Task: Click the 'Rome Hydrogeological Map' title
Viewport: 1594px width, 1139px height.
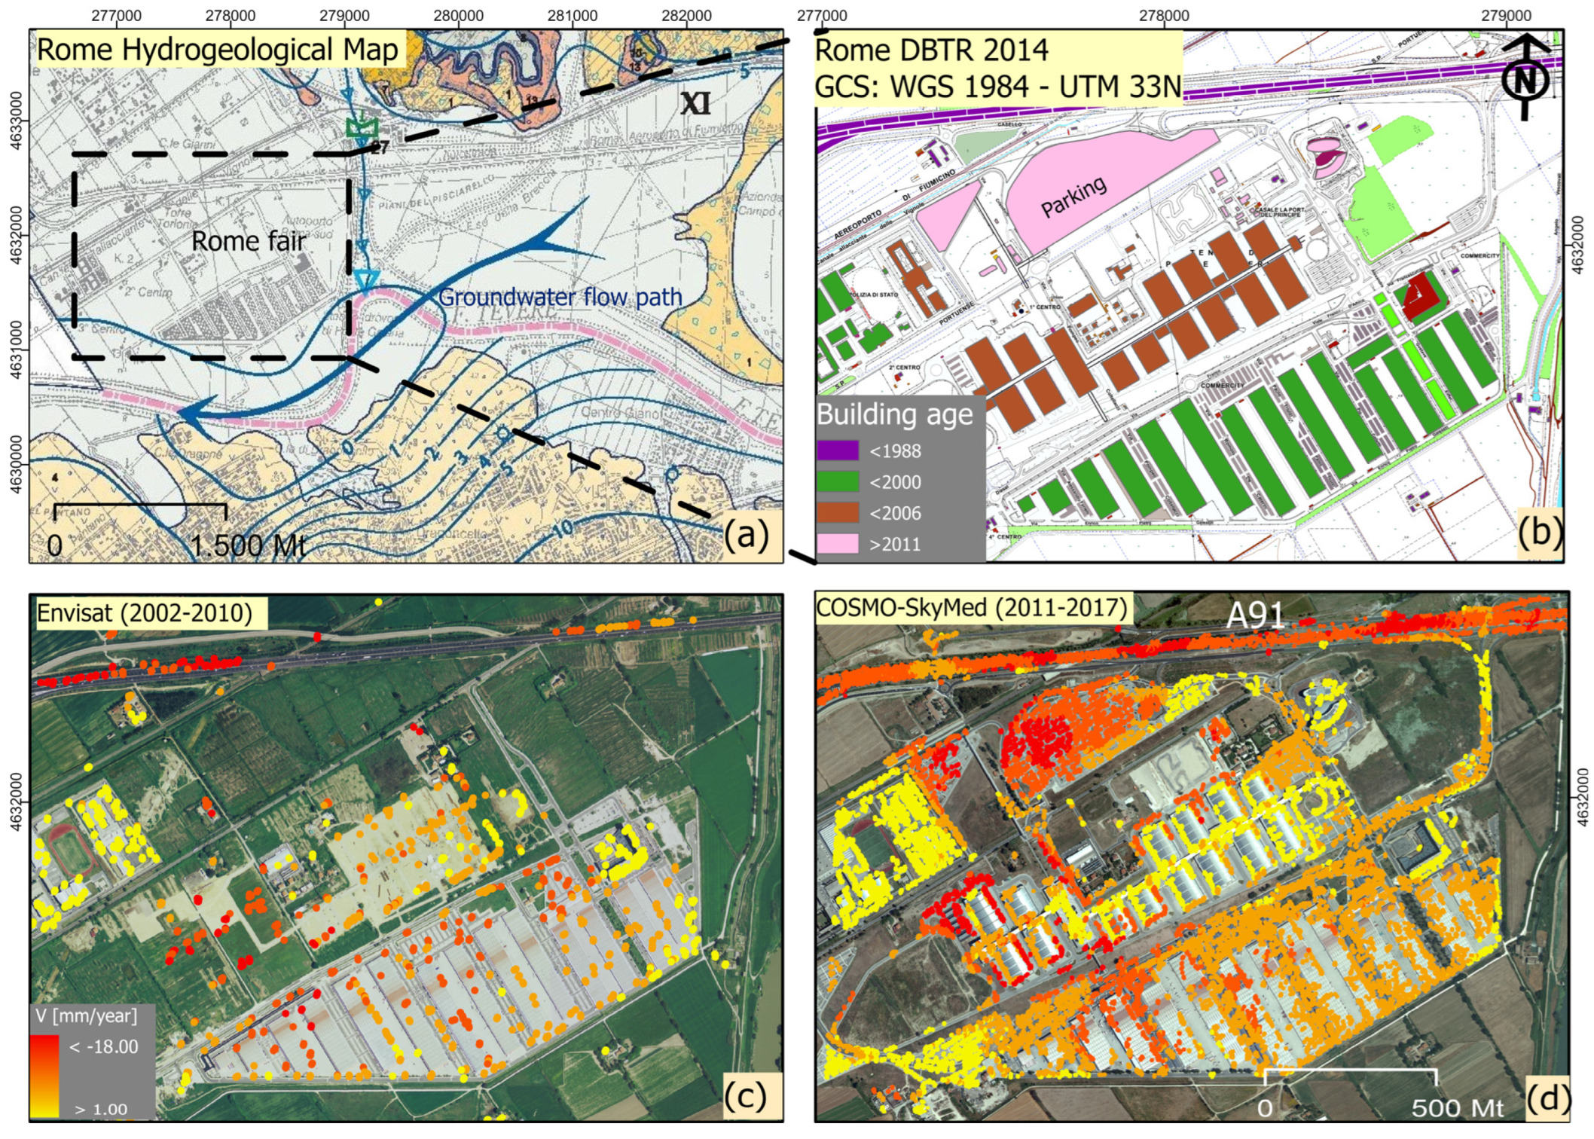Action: point(217,50)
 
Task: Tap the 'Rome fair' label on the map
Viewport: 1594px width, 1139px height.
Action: point(248,241)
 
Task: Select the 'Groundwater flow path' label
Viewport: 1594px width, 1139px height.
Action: point(560,298)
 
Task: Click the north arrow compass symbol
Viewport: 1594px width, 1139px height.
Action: point(1525,78)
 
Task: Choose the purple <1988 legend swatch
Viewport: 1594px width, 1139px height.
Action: point(838,450)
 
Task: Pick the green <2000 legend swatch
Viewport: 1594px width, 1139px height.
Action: point(838,482)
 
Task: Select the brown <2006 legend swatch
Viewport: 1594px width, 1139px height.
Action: point(838,513)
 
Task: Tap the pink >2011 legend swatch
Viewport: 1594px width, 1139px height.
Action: point(838,544)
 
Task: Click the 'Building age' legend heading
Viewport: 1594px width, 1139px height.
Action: point(894,414)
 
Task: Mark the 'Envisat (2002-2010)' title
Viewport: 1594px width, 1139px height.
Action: point(145,612)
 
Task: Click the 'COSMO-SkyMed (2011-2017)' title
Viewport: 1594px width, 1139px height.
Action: point(971,608)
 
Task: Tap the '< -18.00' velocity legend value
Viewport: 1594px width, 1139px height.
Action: point(103,1046)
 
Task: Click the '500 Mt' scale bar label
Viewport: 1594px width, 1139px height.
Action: point(1456,1108)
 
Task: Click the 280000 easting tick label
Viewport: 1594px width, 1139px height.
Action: point(458,15)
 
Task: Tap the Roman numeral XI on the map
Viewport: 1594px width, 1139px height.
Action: point(695,103)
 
